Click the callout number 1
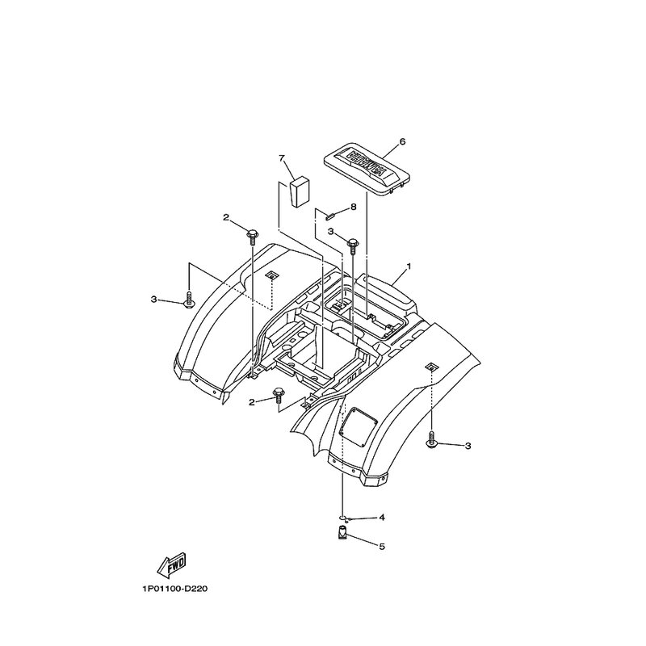coord(409,266)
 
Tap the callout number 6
coord(402,141)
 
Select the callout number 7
coord(282,157)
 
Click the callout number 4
coord(382,517)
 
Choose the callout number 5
coord(382,547)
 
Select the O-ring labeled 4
coord(343,519)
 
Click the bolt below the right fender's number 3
coord(433,441)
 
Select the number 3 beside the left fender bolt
coord(153,300)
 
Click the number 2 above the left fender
coord(228,217)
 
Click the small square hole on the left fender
coord(272,275)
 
